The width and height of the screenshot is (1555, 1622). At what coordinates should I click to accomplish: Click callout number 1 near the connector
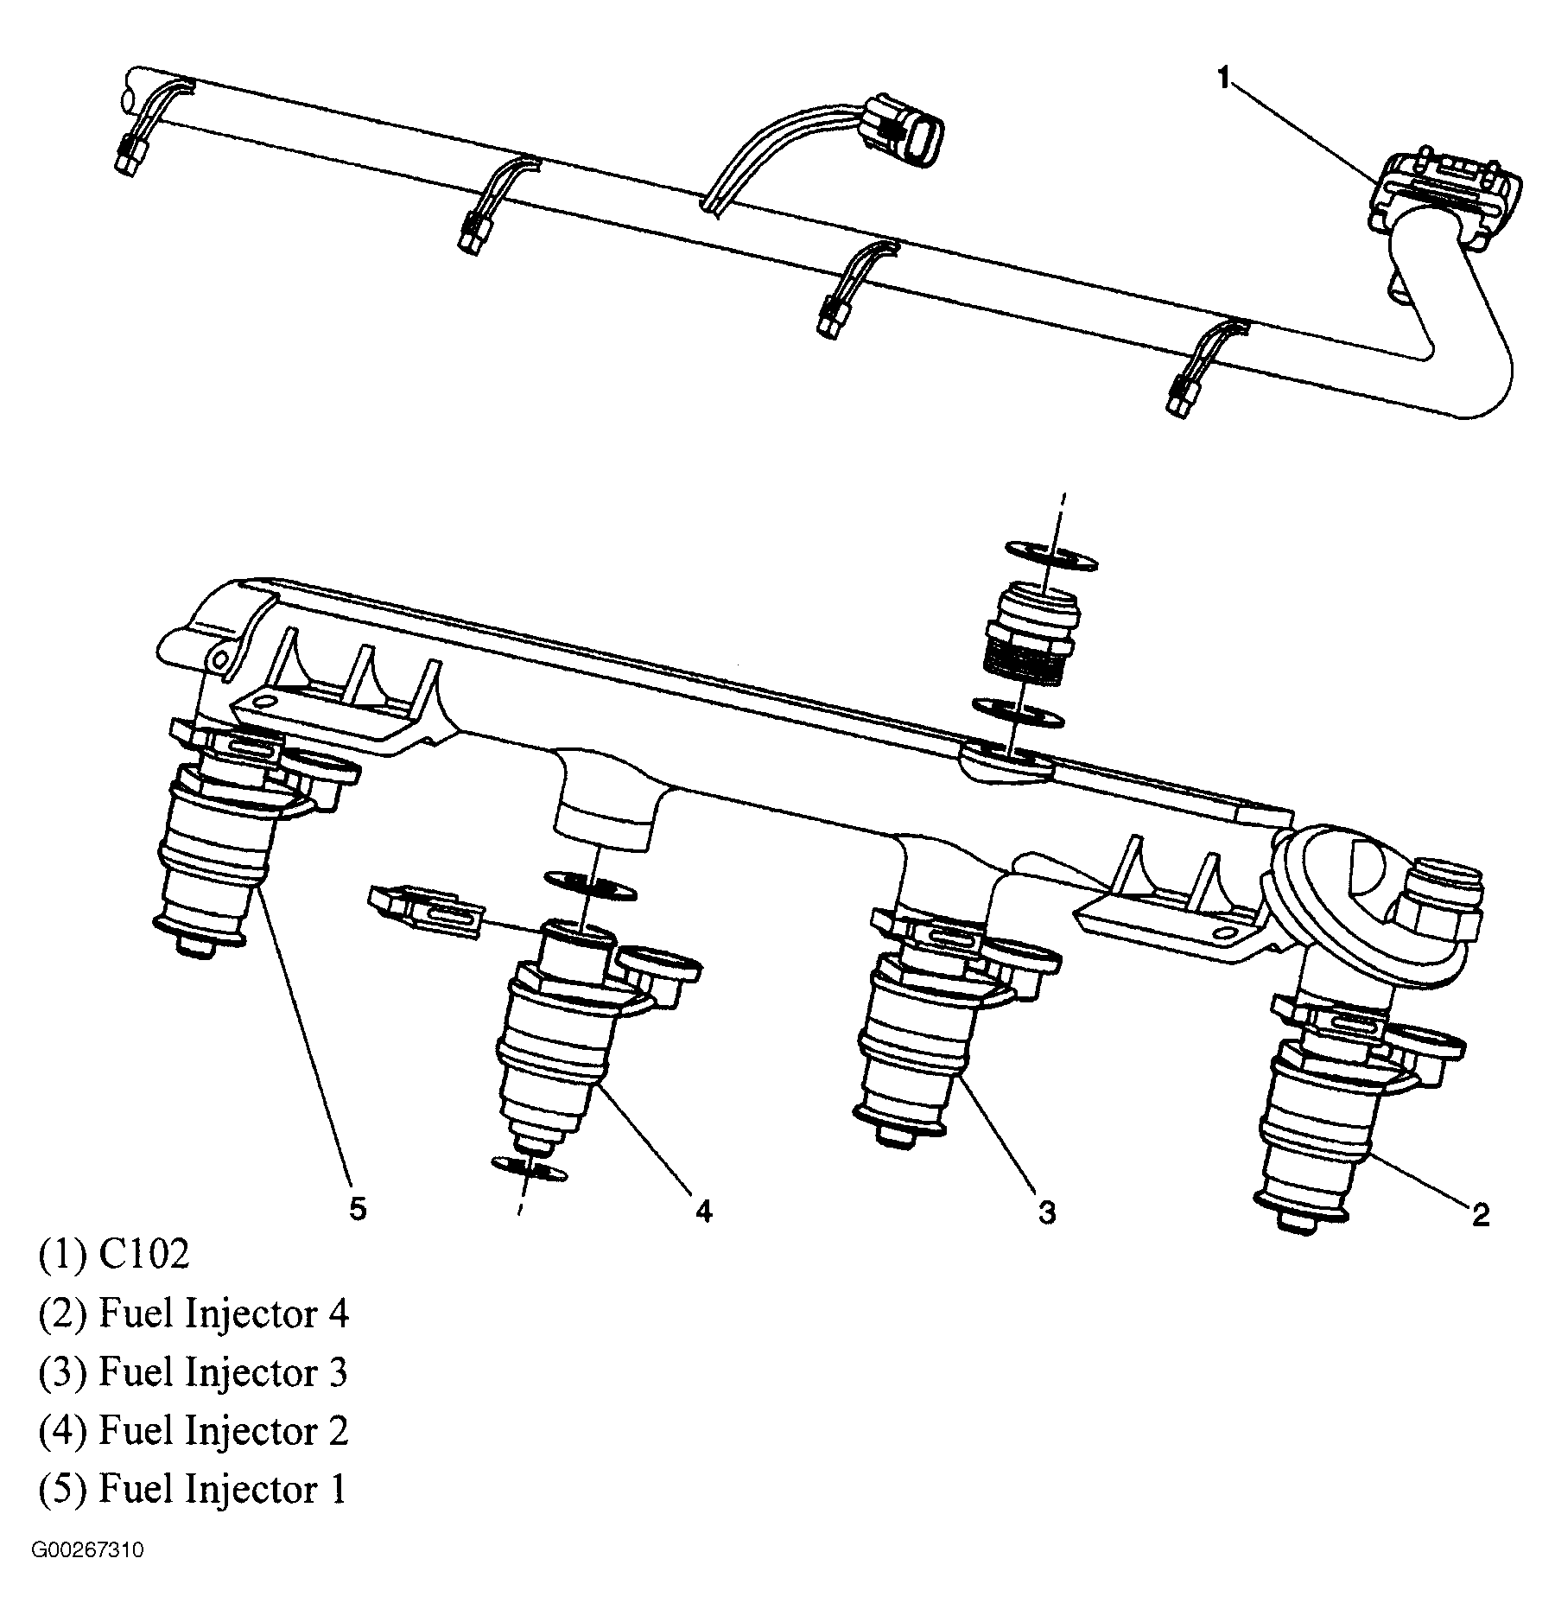1222,80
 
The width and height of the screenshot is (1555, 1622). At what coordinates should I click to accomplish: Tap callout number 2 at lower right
1480,1216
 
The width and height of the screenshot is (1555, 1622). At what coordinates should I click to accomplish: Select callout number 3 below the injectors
1046,1213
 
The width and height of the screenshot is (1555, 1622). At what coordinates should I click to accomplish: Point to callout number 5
358,1208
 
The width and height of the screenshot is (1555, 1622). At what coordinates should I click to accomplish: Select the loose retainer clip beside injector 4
425,909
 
